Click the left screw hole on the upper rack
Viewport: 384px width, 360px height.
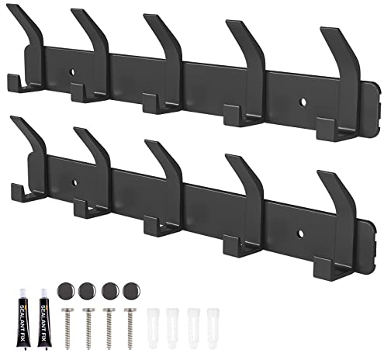[73, 72]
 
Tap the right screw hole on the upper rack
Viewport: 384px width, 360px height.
[303, 102]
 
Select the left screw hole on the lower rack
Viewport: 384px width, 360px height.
[74, 183]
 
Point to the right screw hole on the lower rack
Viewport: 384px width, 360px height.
[300, 234]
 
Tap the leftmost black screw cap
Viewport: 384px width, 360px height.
[66, 291]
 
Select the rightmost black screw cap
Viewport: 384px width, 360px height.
[131, 291]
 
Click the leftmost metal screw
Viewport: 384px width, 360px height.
[67, 327]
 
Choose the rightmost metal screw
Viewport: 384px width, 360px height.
[130, 327]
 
